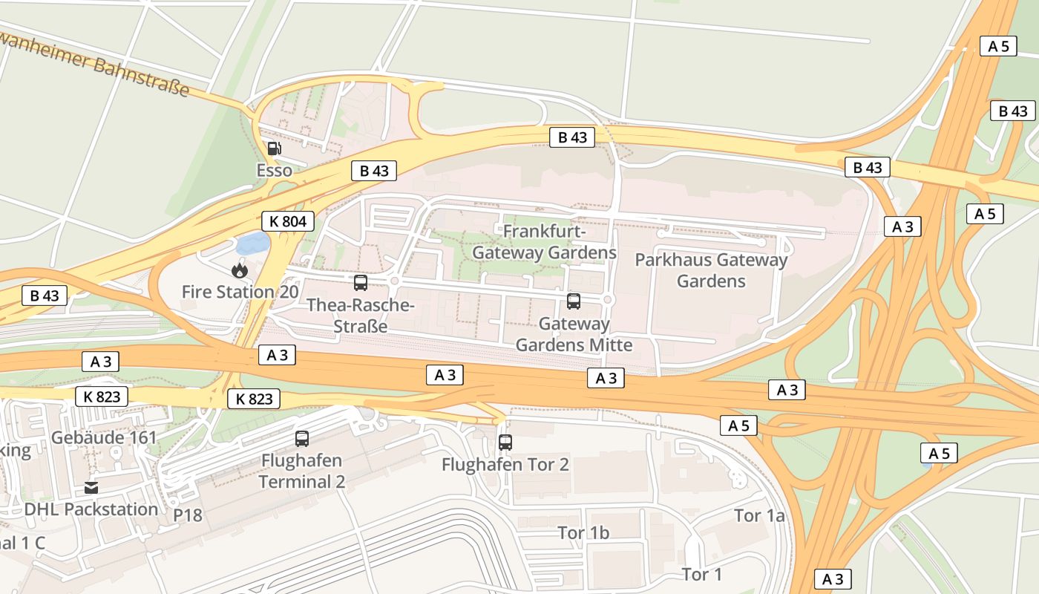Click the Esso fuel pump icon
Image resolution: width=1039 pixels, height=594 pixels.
point(274,148)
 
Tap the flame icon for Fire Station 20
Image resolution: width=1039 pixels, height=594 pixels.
point(239,270)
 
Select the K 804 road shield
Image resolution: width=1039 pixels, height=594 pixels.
point(288,221)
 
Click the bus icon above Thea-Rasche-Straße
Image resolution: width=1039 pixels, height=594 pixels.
point(361,283)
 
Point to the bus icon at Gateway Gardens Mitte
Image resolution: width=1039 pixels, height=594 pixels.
point(574,301)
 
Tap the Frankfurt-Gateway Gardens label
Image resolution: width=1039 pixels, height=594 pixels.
point(544,242)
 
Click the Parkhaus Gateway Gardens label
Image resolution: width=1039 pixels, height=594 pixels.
point(711,270)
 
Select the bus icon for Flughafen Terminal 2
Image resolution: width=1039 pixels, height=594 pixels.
point(301,439)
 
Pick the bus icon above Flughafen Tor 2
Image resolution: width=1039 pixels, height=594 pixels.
point(505,443)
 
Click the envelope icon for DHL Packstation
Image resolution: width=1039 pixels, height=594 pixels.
point(91,488)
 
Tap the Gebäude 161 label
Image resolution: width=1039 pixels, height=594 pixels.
point(104,437)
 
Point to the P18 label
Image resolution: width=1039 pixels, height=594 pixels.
point(188,515)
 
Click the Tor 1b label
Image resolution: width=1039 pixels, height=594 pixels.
point(583,533)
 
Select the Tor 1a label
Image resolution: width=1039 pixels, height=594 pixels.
point(759,515)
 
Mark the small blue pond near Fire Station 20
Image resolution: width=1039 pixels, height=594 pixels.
point(252,243)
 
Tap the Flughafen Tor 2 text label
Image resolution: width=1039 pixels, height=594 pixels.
point(505,465)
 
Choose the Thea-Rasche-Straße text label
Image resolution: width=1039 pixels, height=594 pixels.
point(360,316)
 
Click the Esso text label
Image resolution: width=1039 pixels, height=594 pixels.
point(274,171)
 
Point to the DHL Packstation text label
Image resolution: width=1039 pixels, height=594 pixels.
point(91,509)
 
